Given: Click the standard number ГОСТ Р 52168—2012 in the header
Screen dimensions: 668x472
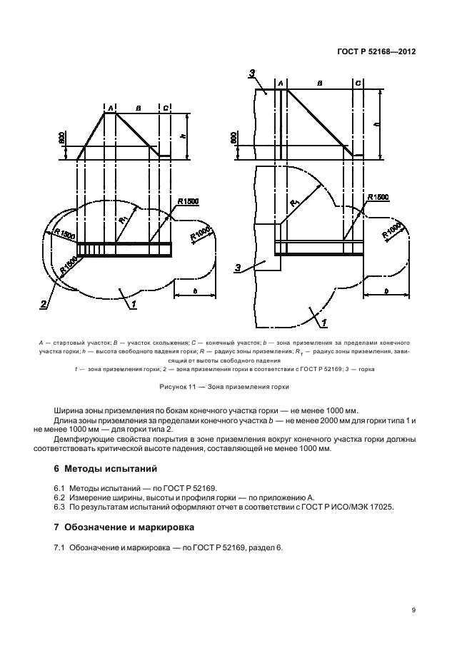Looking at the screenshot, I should (x=376, y=51).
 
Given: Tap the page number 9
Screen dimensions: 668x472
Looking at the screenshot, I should (x=414, y=609).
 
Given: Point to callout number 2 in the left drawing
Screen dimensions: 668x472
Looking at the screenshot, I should (x=44, y=304).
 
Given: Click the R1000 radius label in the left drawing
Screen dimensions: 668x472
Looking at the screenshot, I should (x=201, y=236).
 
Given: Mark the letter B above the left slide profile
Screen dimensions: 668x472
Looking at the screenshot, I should (x=139, y=108).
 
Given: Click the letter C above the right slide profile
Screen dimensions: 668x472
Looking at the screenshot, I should (x=357, y=83).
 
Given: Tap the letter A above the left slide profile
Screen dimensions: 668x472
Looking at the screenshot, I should (x=110, y=108).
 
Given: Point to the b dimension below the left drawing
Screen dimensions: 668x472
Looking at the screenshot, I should (x=195, y=289).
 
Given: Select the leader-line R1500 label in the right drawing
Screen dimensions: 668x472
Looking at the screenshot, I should (x=378, y=197).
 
